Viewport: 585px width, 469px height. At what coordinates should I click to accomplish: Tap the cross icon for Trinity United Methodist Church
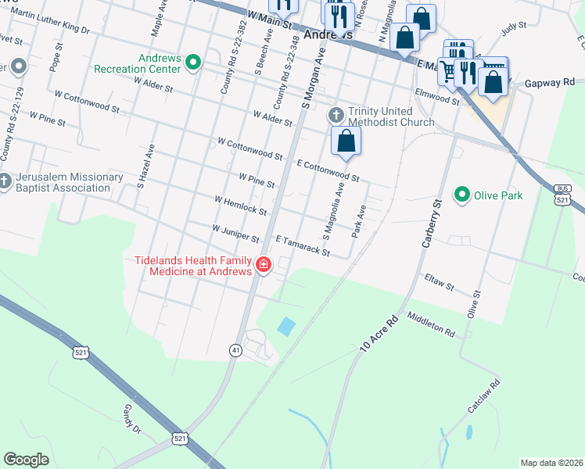pyautogui.click(x=336, y=116)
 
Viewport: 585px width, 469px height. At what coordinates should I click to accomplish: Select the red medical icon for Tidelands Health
pyautogui.click(x=264, y=266)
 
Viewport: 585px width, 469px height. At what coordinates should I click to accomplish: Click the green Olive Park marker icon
pyautogui.click(x=462, y=195)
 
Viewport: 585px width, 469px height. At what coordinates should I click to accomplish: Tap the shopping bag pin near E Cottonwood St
pyautogui.click(x=346, y=142)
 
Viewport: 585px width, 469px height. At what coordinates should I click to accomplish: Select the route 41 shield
pyautogui.click(x=235, y=350)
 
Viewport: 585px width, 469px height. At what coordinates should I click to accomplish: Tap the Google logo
pyautogui.click(x=27, y=459)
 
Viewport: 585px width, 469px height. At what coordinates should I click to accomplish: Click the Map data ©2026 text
pyautogui.click(x=551, y=463)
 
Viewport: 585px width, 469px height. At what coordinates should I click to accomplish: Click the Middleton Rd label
pyautogui.click(x=431, y=325)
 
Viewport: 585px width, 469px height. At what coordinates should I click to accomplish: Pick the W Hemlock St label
pyautogui.click(x=240, y=206)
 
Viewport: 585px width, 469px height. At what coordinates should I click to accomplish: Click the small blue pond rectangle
pyautogui.click(x=287, y=326)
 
